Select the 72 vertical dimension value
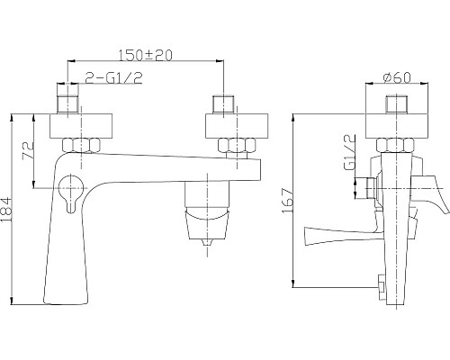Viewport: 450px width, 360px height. point(28,149)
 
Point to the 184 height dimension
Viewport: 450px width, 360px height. point(10,212)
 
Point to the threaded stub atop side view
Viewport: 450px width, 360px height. point(390,102)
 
